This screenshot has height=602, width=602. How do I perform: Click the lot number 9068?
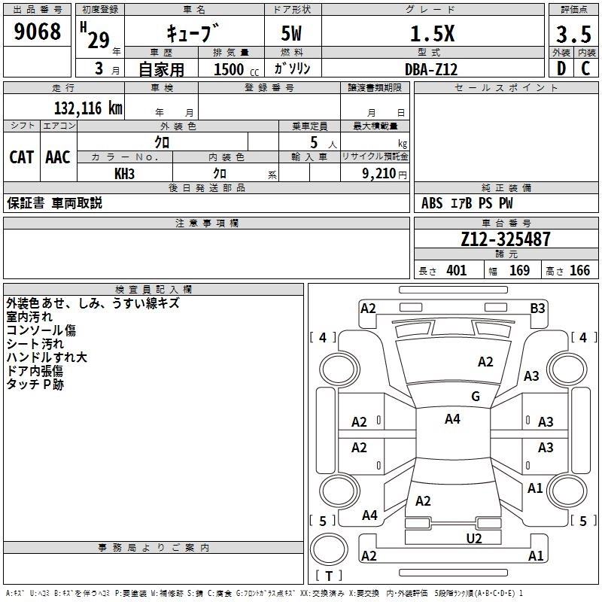point(38,32)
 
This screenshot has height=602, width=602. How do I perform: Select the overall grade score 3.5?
point(573,34)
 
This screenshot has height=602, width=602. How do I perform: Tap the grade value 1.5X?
point(432,33)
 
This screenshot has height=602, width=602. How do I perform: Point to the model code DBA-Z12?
point(432,69)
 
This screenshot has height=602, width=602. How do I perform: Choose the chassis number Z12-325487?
point(506,240)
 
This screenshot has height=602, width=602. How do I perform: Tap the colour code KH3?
point(125,172)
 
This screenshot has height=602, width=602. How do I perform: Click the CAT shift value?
point(21,157)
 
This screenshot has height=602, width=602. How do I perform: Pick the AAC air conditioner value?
point(58,157)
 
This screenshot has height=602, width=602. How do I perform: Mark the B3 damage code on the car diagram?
point(537,308)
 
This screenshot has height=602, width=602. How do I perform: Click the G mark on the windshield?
point(475,397)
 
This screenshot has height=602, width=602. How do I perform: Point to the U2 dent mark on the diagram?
point(474,537)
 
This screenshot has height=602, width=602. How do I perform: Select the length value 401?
point(456,271)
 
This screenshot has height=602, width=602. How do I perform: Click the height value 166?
point(579,271)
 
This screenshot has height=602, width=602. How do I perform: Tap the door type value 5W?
point(293,34)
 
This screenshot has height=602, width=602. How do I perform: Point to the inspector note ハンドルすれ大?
point(47,357)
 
